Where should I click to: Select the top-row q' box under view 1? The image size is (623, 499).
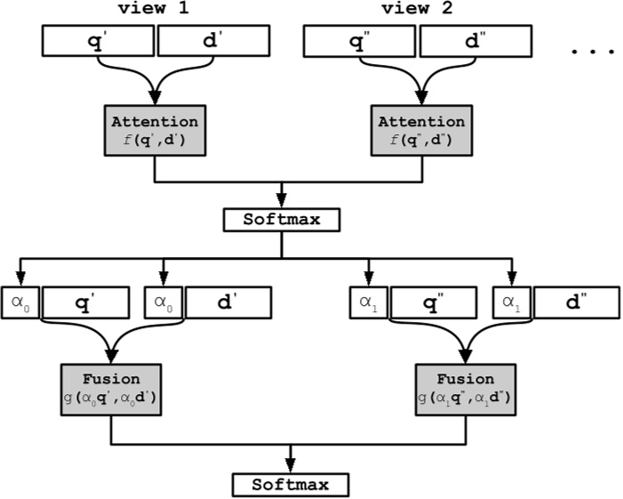pos(98,40)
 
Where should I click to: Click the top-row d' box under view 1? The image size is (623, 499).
pos(213,40)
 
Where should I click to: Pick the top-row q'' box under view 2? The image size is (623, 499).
pos(360,40)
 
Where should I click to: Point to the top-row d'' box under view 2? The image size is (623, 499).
pos(475,40)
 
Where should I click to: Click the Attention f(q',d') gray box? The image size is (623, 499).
pos(156,129)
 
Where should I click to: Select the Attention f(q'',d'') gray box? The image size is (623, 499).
pos(416,129)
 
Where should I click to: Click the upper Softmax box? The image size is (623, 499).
pos(282,218)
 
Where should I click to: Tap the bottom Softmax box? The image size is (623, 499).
pos(290,485)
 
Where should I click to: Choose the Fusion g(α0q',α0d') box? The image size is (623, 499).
pos(112,387)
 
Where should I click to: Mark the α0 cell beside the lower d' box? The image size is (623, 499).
pos(162,302)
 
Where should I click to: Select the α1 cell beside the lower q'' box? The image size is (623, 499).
pos(366,302)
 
